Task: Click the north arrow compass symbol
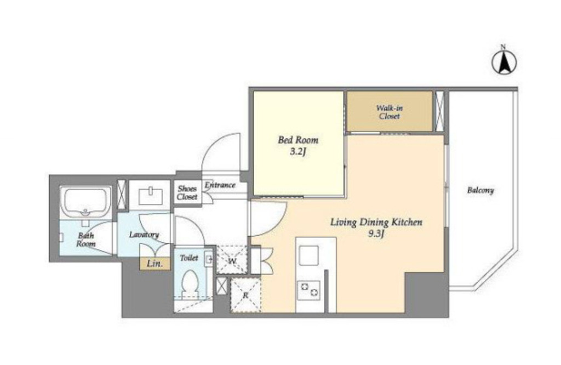(504, 62)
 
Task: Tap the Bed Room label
(298, 140)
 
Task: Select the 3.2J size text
(298, 152)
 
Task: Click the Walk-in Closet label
(390, 112)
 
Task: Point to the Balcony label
(480, 190)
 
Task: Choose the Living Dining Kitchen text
(376, 222)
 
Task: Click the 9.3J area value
(376, 234)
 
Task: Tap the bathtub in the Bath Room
(86, 202)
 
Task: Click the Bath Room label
(86, 239)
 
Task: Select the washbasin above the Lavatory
(150, 196)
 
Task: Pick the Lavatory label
(144, 235)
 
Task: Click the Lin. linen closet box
(154, 264)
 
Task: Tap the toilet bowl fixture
(190, 284)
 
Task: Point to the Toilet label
(188, 258)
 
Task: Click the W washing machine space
(232, 260)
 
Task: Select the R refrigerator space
(245, 295)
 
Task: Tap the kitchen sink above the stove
(309, 256)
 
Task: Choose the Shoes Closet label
(187, 192)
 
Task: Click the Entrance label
(220, 185)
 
